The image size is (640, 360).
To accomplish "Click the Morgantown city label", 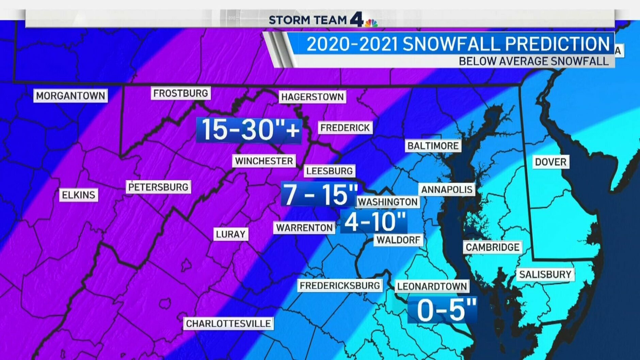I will pos(70,96).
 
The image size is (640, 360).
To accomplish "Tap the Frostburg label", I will pos(180,93).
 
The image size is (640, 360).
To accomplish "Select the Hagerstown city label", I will pos(312,97).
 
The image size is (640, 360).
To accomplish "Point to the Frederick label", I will pos(345,128).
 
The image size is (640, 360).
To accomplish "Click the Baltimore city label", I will pos(433,146).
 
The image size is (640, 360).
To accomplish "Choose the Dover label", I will pos(550,162).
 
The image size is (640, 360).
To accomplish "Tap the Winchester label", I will pos(264,161).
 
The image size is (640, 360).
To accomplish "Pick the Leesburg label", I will pos(329,171).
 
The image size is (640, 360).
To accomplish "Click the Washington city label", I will pos(387,202).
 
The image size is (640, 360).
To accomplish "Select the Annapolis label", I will pos(447,190).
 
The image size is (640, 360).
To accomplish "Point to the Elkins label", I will pos(78,195).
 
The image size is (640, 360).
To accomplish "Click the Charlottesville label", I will pos(228,323).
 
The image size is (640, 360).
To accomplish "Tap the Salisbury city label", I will pos(545,274).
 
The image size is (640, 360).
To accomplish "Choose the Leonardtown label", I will pos(432,286).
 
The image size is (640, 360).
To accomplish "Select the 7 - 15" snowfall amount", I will pos(319,194).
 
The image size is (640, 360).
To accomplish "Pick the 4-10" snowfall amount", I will pos(374,222).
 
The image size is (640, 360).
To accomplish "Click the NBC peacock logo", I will pos(371,23).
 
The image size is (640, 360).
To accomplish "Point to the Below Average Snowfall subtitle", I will pos(533,61).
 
